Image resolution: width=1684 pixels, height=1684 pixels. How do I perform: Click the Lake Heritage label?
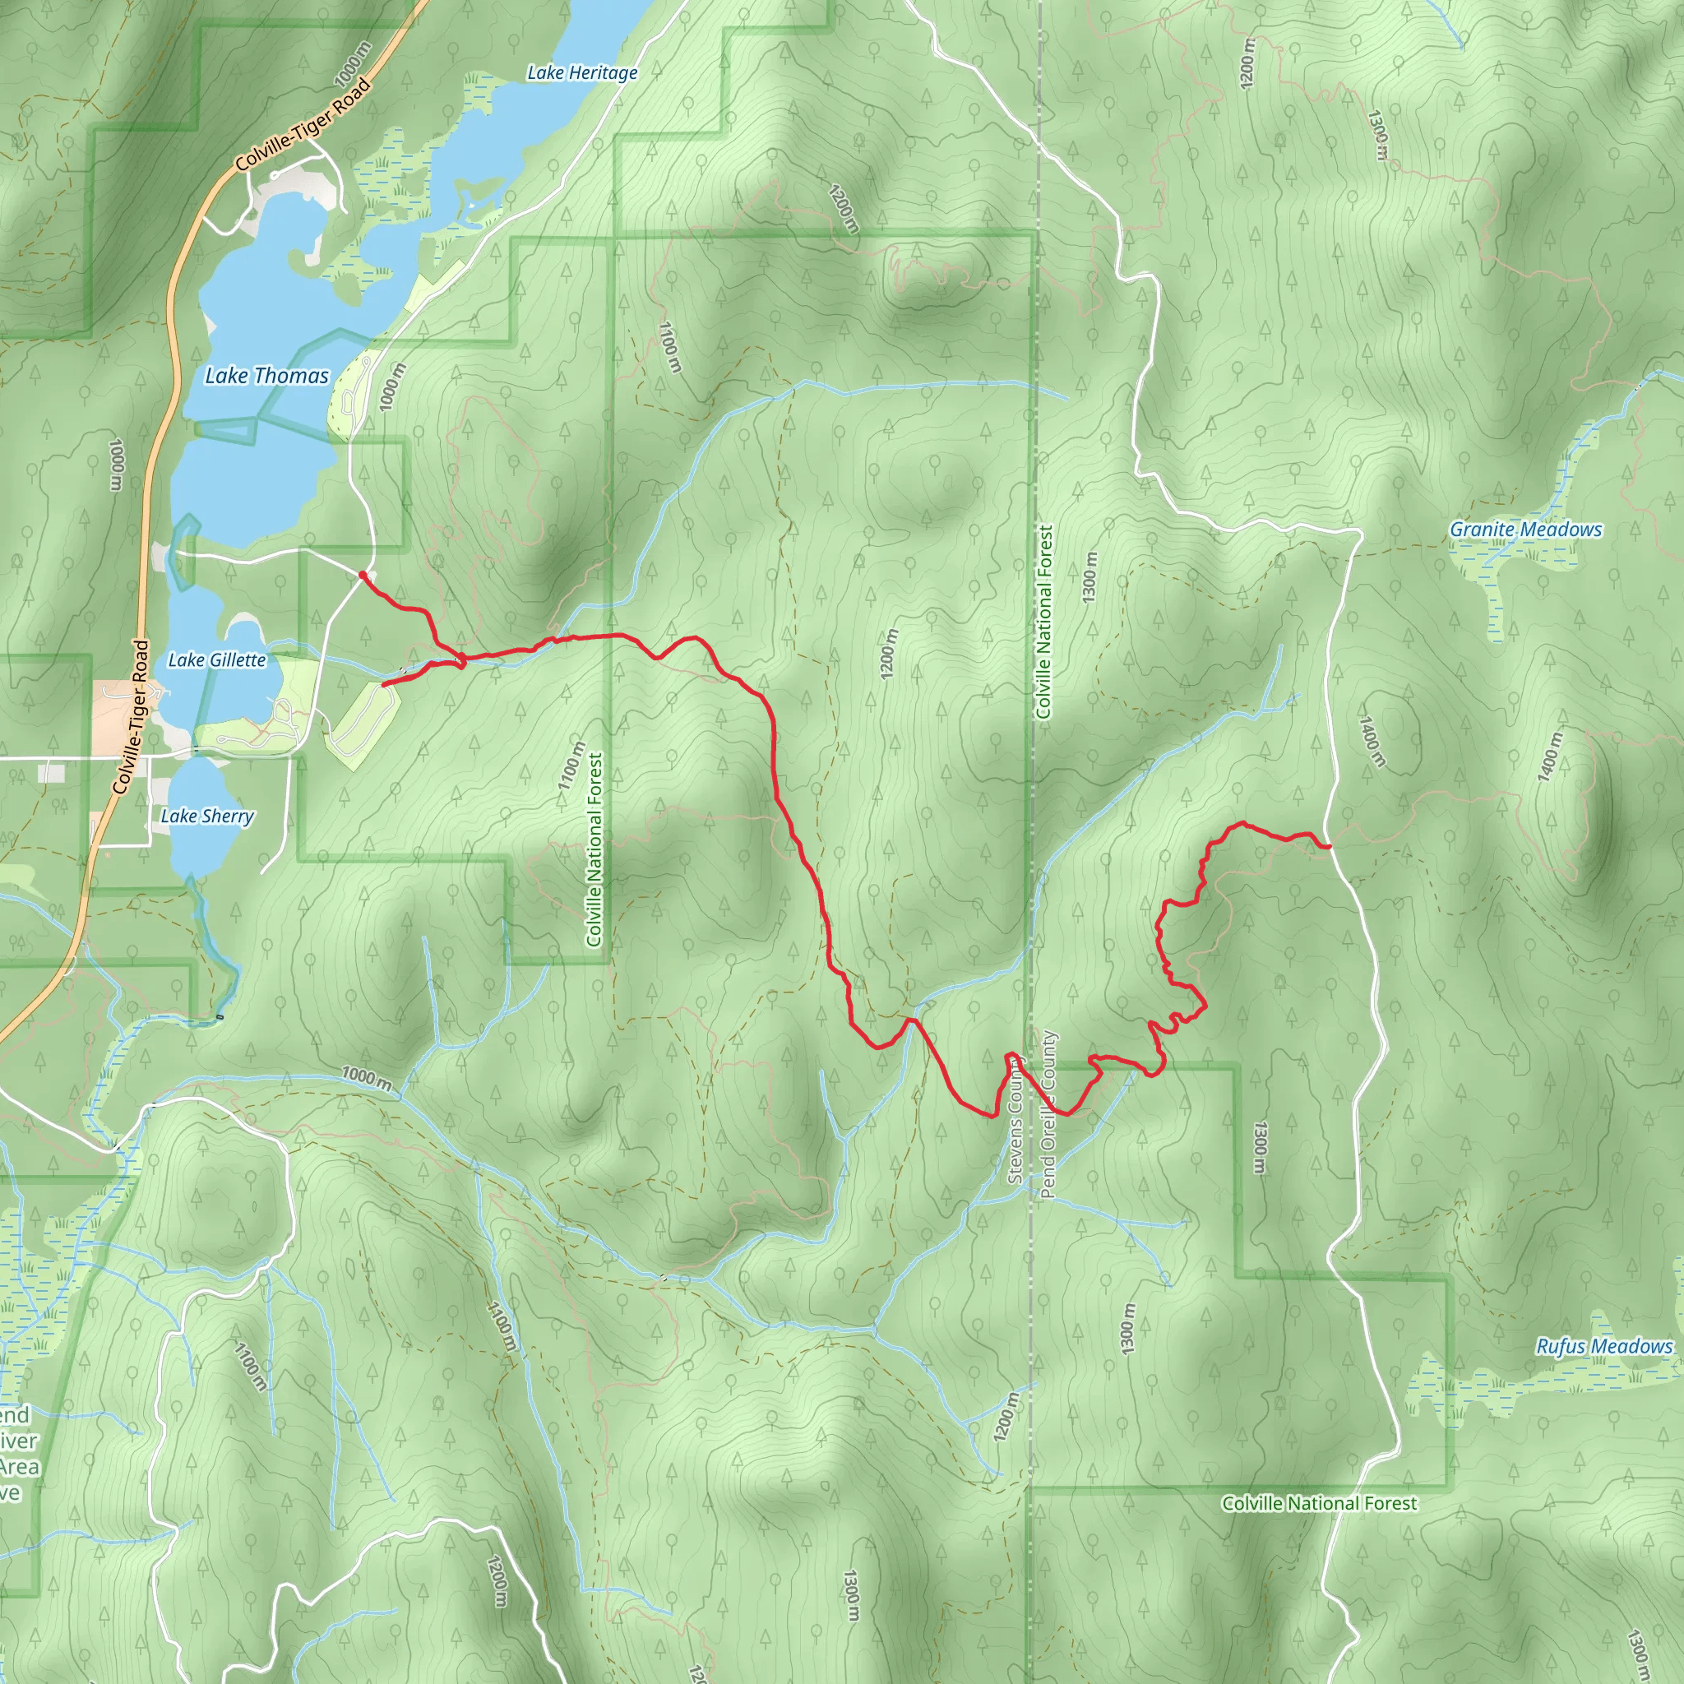(x=581, y=73)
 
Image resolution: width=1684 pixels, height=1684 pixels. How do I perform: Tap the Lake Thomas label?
(x=266, y=376)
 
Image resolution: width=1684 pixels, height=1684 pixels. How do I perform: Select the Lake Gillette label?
(x=216, y=659)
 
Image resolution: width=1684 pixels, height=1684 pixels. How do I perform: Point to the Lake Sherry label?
(x=207, y=816)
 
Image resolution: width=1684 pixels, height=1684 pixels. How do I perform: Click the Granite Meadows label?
(x=1525, y=529)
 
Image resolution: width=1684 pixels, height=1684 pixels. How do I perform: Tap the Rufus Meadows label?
(x=1603, y=1346)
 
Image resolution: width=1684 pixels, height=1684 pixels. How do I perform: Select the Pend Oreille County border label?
(x=1048, y=1115)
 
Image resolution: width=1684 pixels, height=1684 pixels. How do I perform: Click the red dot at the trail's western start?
(x=363, y=575)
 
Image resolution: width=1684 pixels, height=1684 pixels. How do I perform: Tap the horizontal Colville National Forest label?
(x=1319, y=1503)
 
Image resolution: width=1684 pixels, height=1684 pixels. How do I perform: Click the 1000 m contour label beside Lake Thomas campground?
(x=392, y=387)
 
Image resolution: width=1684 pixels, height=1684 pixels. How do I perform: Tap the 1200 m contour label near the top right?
(x=1247, y=62)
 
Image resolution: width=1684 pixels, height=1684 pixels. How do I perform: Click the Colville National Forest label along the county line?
(x=1044, y=621)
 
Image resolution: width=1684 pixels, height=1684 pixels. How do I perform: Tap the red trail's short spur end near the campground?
(x=383, y=685)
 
